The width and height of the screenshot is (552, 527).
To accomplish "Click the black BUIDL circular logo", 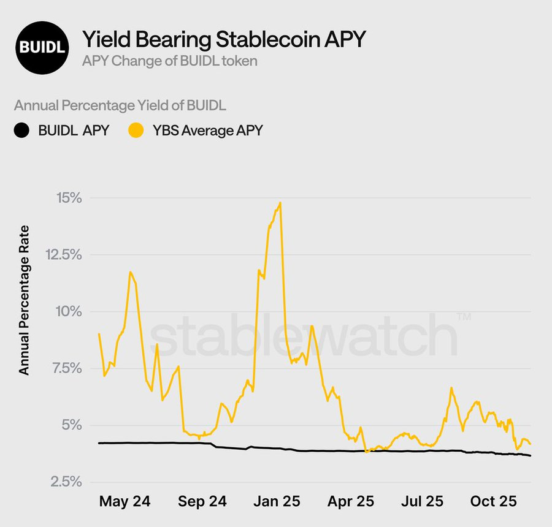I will (x=42, y=47).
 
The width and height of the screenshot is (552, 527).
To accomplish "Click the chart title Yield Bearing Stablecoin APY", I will (x=224, y=39).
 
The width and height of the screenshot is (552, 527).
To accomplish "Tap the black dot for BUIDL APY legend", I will (x=22, y=130).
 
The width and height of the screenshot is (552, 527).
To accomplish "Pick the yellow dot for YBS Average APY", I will (x=136, y=130).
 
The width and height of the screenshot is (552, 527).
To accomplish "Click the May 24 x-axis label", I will (x=125, y=502).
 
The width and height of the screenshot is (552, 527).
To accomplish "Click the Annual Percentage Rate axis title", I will (x=24, y=300).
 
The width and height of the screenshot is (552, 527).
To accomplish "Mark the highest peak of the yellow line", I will (x=280, y=203).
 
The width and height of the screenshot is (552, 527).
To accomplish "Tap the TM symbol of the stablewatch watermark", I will (x=464, y=316).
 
